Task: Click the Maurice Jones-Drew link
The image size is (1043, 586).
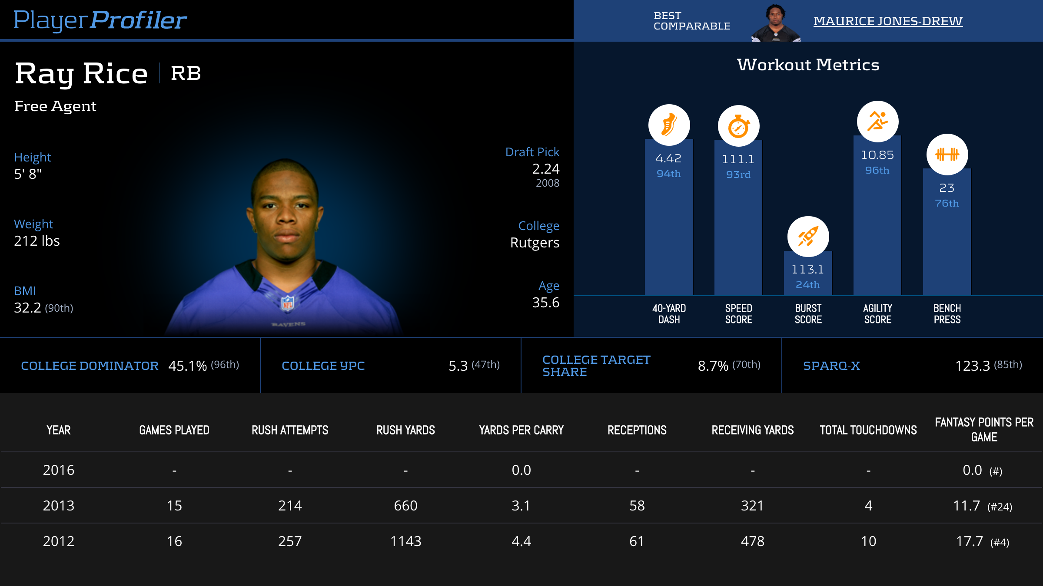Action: tap(888, 21)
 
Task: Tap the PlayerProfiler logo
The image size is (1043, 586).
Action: tap(100, 20)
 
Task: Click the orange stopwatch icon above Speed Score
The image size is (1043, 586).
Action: tap(738, 126)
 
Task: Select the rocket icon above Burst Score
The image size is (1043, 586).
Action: tap(808, 237)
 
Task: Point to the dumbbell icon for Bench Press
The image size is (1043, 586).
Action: tap(947, 154)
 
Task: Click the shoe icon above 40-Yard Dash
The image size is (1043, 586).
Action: tap(669, 125)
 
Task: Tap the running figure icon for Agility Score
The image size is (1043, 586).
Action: tap(877, 122)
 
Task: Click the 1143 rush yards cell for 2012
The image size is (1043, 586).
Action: tap(405, 541)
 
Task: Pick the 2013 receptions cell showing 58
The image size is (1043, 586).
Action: tap(637, 506)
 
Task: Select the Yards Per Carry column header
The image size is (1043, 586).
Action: tap(521, 430)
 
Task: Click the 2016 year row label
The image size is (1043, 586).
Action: tap(59, 470)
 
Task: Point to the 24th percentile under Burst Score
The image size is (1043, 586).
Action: tap(808, 285)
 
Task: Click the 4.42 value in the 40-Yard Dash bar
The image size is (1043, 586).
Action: tap(669, 158)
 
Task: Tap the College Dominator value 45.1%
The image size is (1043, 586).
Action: tap(187, 366)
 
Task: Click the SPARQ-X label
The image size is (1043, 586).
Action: tap(831, 366)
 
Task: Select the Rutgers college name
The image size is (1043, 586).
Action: tap(535, 243)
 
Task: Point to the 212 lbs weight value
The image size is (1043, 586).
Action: tap(37, 241)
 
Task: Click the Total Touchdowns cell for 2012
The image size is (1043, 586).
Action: tap(868, 541)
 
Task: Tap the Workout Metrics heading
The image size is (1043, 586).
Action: tap(808, 65)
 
